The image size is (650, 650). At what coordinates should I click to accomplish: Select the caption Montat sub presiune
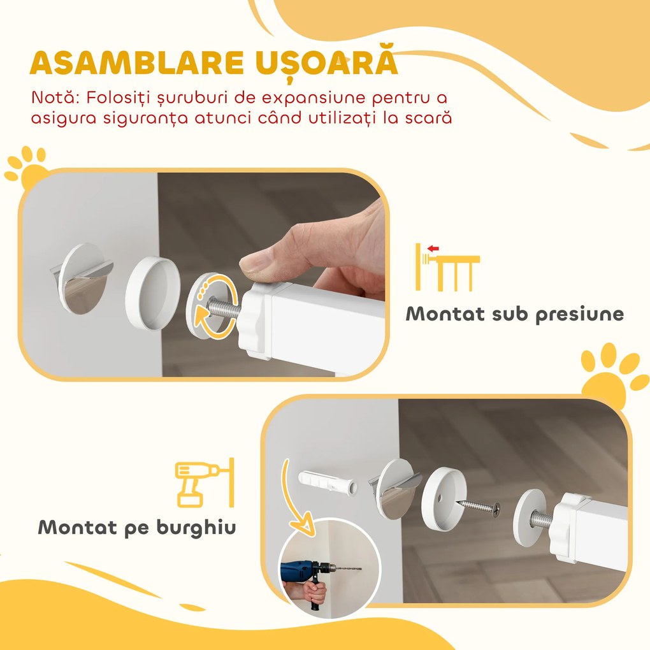pos(515,314)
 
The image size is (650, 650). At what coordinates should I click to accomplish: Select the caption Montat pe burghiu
pos(137,527)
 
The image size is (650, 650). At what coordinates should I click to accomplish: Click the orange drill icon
pos(203,482)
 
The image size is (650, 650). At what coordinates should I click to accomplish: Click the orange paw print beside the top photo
pos(27,168)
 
